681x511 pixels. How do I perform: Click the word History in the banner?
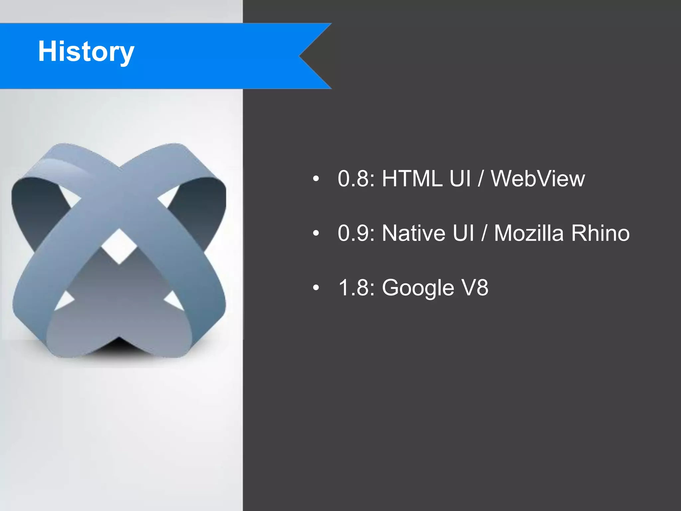point(86,52)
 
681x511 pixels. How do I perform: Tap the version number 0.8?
point(356,179)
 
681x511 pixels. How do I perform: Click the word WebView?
point(538,179)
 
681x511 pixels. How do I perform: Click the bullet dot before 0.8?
point(316,179)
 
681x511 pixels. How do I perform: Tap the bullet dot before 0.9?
point(316,234)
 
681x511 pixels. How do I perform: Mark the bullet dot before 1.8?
point(316,288)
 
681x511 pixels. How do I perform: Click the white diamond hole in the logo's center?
point(119,247)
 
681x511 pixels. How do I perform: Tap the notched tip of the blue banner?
point(301,56)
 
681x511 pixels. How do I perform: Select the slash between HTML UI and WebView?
point(480,179)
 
